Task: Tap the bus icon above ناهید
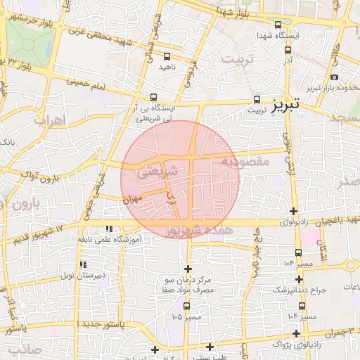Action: click(x=167, y=56)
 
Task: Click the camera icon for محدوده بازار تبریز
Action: click(x=334, y=77)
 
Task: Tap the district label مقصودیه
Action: click(x=246, y=161)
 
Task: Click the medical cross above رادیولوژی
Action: click(x=293, y=211)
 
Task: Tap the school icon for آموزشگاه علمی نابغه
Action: click(x=109, y=229)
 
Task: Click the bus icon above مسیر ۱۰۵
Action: click(x=186, y=306)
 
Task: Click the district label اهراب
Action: click(x=49, y=120)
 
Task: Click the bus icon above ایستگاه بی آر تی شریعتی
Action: click(x=153, y=98)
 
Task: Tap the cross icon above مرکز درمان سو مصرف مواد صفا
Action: click(x=188, y=269)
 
